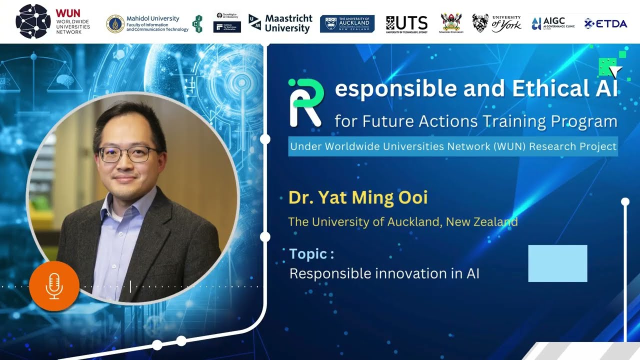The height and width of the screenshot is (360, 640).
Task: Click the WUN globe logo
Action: tap(33, 21)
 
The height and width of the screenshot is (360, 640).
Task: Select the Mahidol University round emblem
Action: tap(115, 23)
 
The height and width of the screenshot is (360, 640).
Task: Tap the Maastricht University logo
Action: tap(280, 23)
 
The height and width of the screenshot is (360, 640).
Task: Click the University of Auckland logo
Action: tap(347, 23)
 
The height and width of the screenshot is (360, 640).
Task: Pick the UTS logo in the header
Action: tap(406, 23)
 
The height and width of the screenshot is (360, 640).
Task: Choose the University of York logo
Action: tap(496, 23)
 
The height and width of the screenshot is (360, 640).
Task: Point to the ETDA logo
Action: tap(605, 23)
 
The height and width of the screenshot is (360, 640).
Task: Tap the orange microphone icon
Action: tap(54, 286)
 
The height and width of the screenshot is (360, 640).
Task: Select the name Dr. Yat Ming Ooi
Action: tap(358, 197)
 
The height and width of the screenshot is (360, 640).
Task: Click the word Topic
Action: tap(308, 254)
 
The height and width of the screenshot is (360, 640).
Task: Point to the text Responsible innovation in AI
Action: tap(384, 273)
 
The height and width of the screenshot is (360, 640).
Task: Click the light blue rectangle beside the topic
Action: tap(557, 263)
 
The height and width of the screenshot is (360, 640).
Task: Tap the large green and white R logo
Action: tap(305, 102)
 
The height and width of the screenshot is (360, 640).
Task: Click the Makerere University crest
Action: tap(451, 22)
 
